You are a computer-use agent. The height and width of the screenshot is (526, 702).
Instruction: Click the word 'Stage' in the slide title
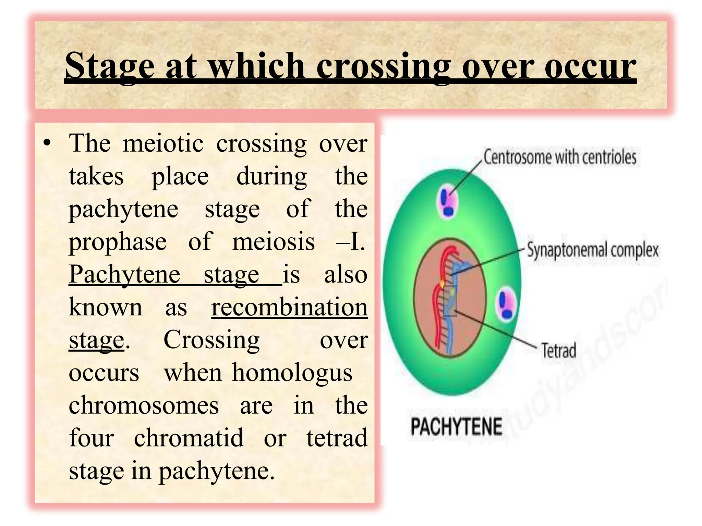[x=110, y=66]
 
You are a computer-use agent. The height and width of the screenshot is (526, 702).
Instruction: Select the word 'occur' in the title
[x=590, y=66]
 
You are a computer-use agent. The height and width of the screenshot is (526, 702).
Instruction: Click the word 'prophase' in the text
[x=118, y=242]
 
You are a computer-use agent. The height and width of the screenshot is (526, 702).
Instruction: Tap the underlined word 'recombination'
[x=289, y=307]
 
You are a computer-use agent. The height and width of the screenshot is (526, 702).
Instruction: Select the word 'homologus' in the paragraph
[x=292, y=372]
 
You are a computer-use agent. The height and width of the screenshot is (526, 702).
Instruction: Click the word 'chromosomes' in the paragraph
[x=144, y=405]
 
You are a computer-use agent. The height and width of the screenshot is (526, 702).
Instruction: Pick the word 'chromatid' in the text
[x=189, y=438]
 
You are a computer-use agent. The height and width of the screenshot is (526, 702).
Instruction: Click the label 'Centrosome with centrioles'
[x=560, y=158]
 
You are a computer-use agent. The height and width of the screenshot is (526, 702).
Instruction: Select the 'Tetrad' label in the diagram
[x=559, y=350]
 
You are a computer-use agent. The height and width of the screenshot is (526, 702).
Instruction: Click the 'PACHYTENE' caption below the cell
[x=456, y=426]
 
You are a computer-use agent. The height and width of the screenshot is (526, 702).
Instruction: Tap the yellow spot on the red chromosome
[x=443, y=284]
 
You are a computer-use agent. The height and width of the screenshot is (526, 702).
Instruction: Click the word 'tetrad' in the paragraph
[x=337, y=438]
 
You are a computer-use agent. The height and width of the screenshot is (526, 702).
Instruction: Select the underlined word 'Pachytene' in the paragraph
[x=124, y=275]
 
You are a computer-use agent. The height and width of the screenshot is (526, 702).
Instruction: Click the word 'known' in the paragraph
[x=105, y=307]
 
